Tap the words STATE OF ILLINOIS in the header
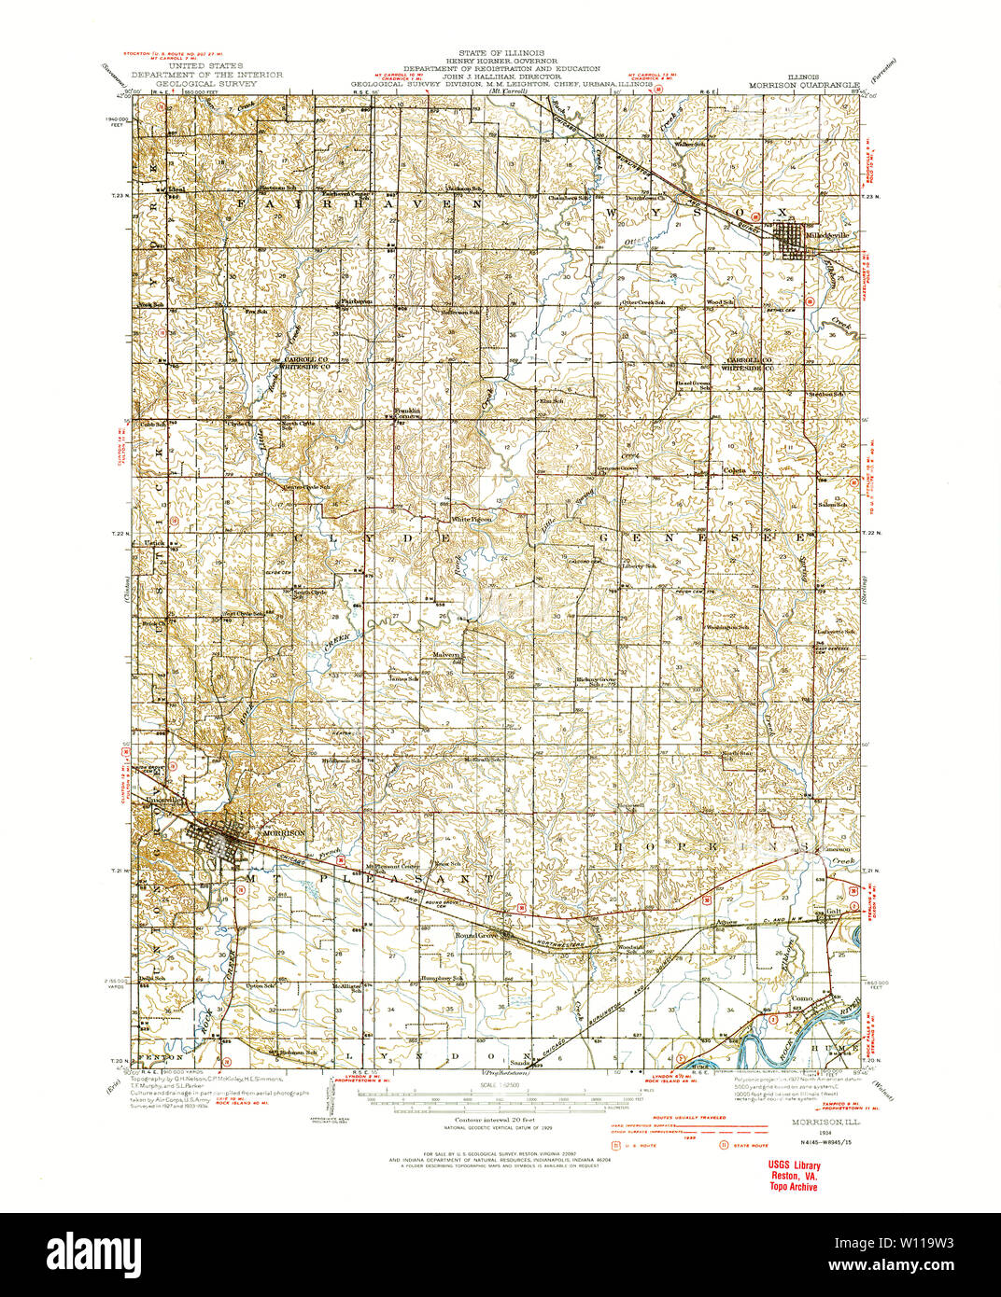(x=500, y=54)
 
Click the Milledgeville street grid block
(x=795, y=242)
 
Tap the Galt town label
(x=835, y=911)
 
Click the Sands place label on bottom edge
(x=520, y=1062)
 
